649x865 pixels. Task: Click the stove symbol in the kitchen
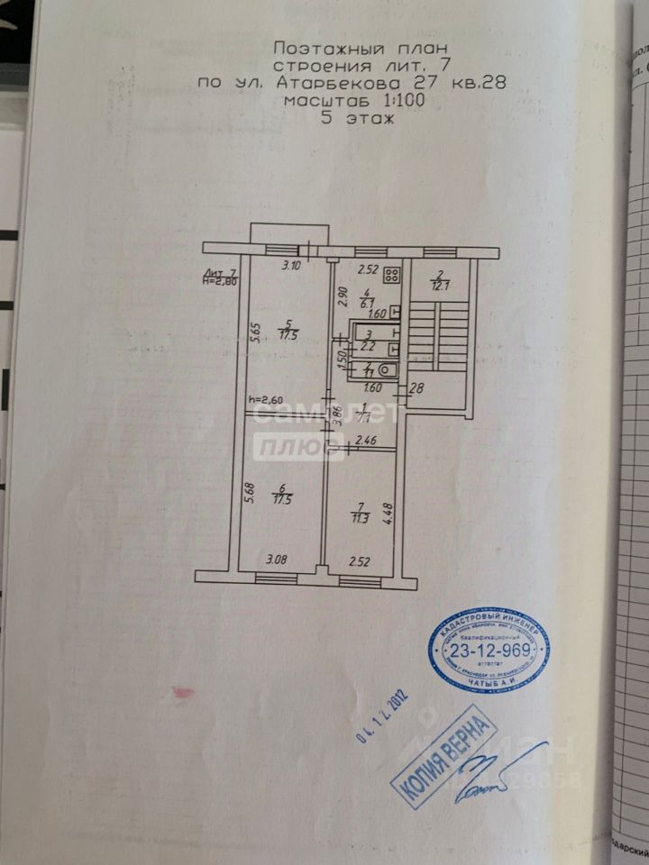(393, 277)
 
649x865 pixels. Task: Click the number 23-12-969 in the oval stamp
(489, 651)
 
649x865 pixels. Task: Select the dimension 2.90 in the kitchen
(342, 295)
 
